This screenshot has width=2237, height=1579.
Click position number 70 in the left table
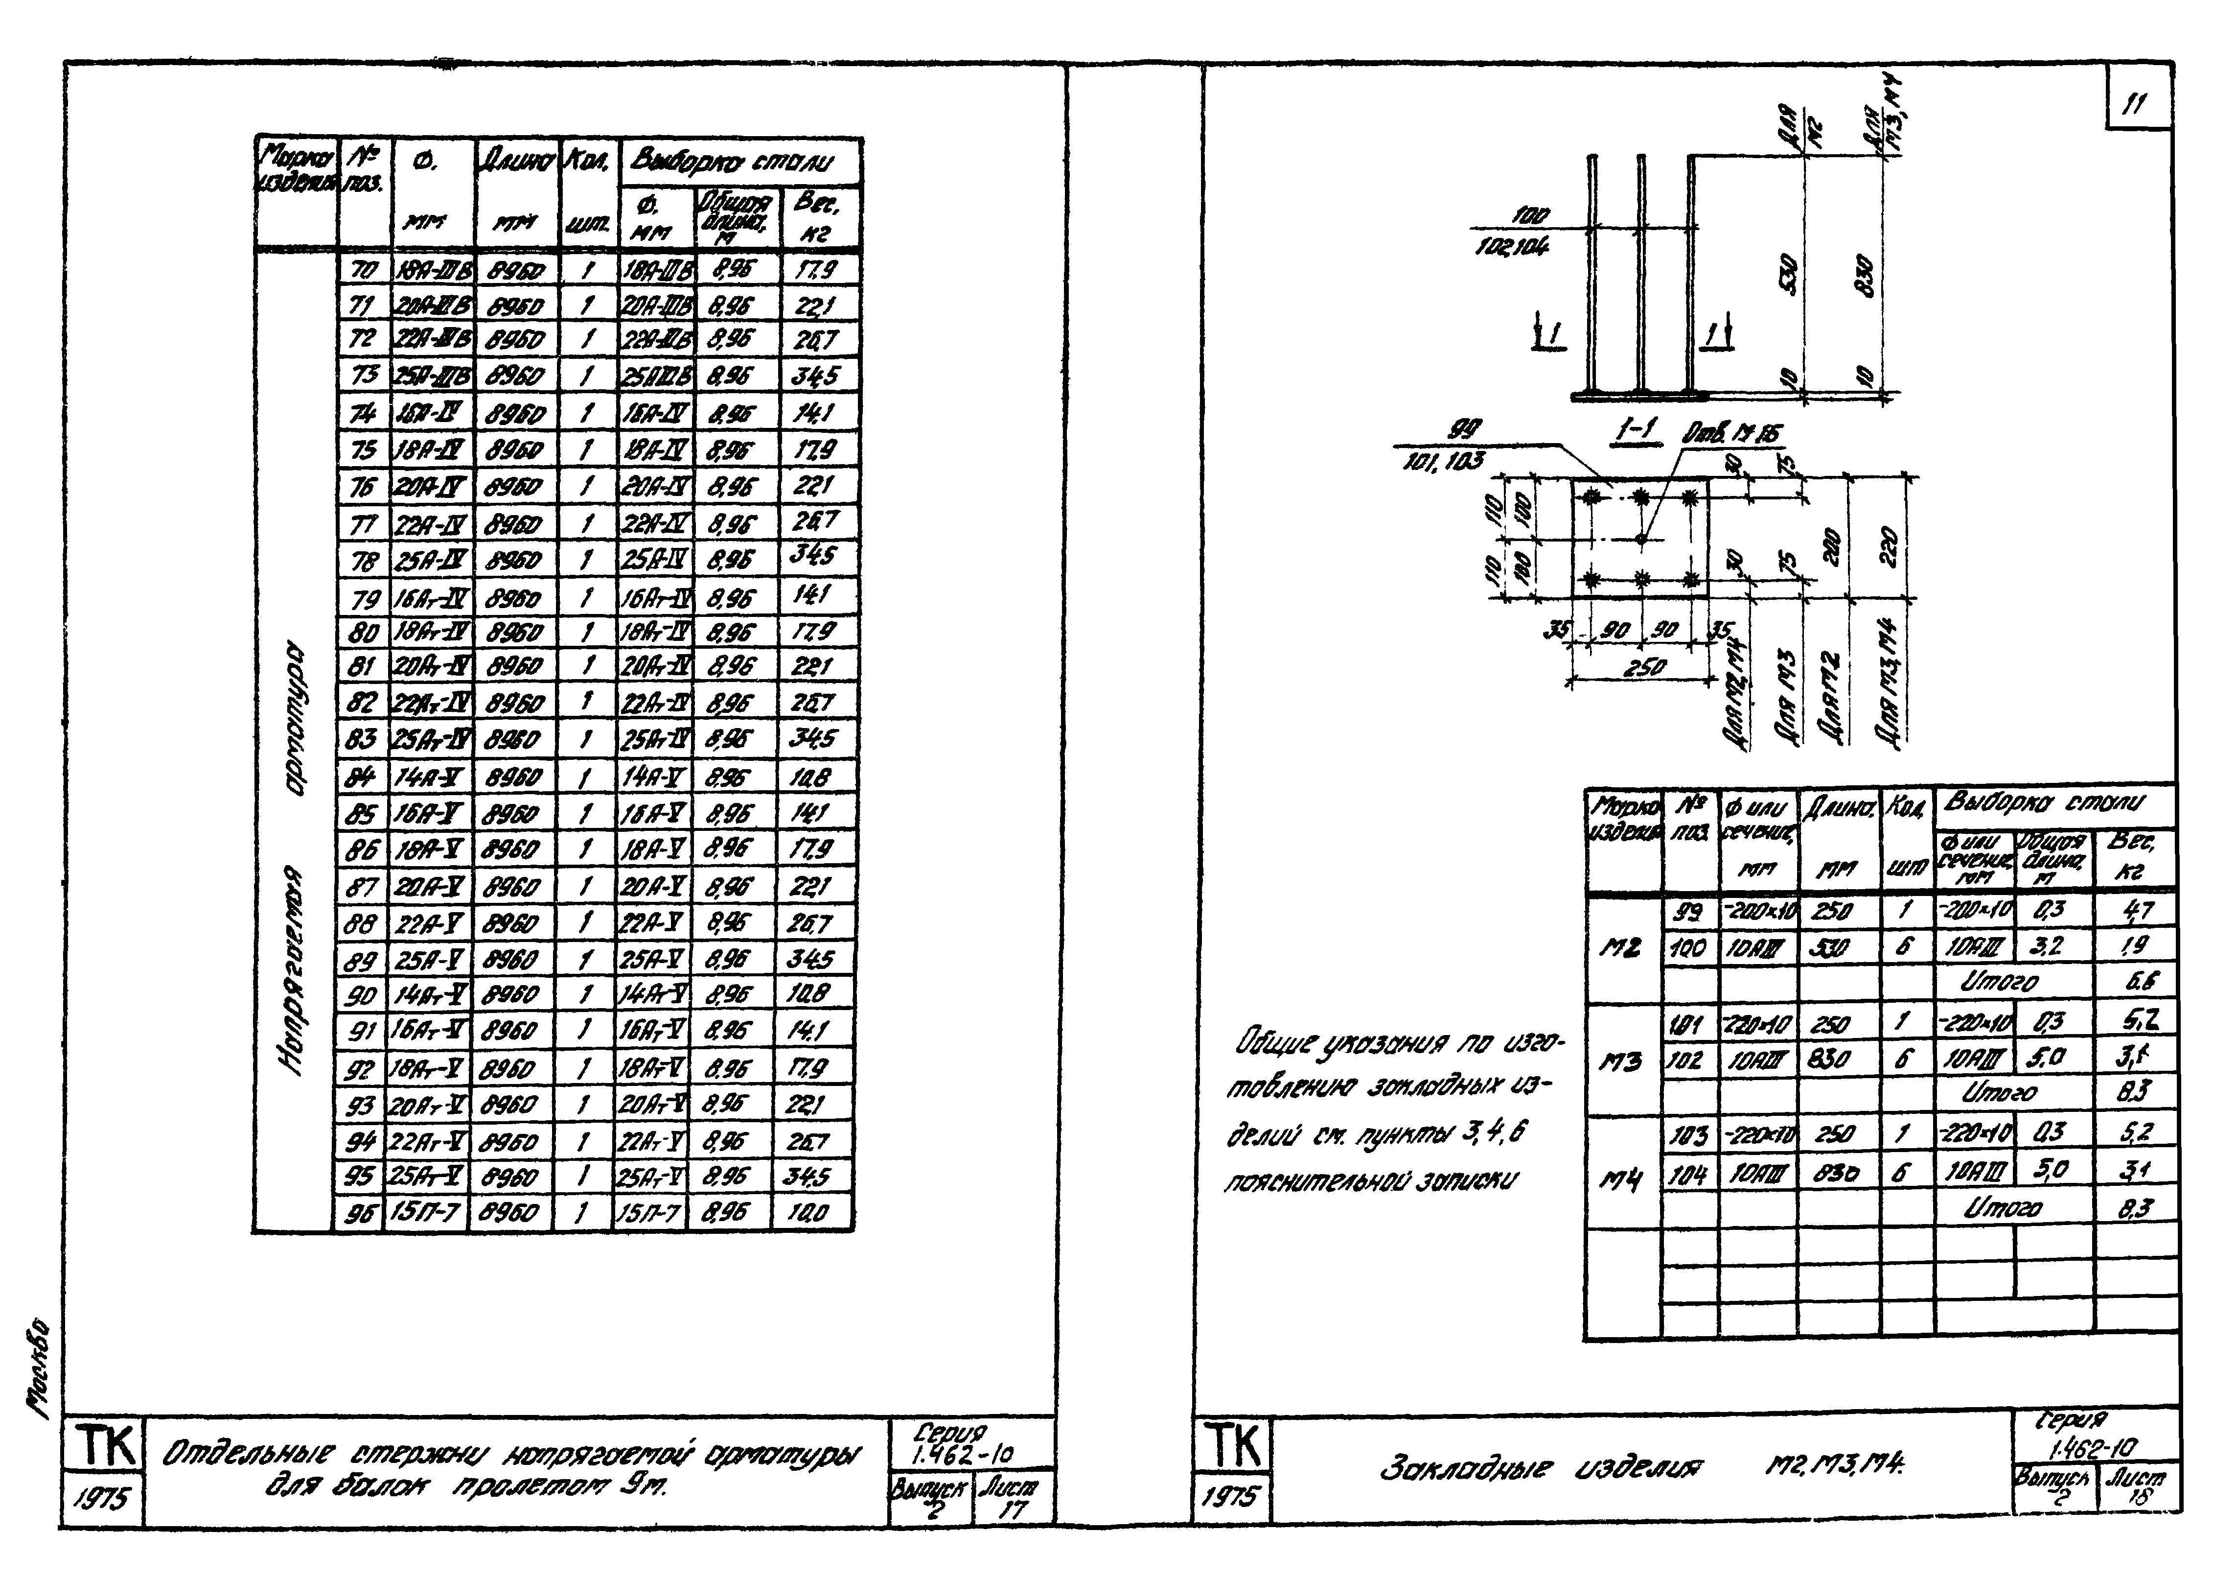tap(363, 269)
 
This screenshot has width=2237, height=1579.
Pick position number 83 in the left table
tap(361, 739)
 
